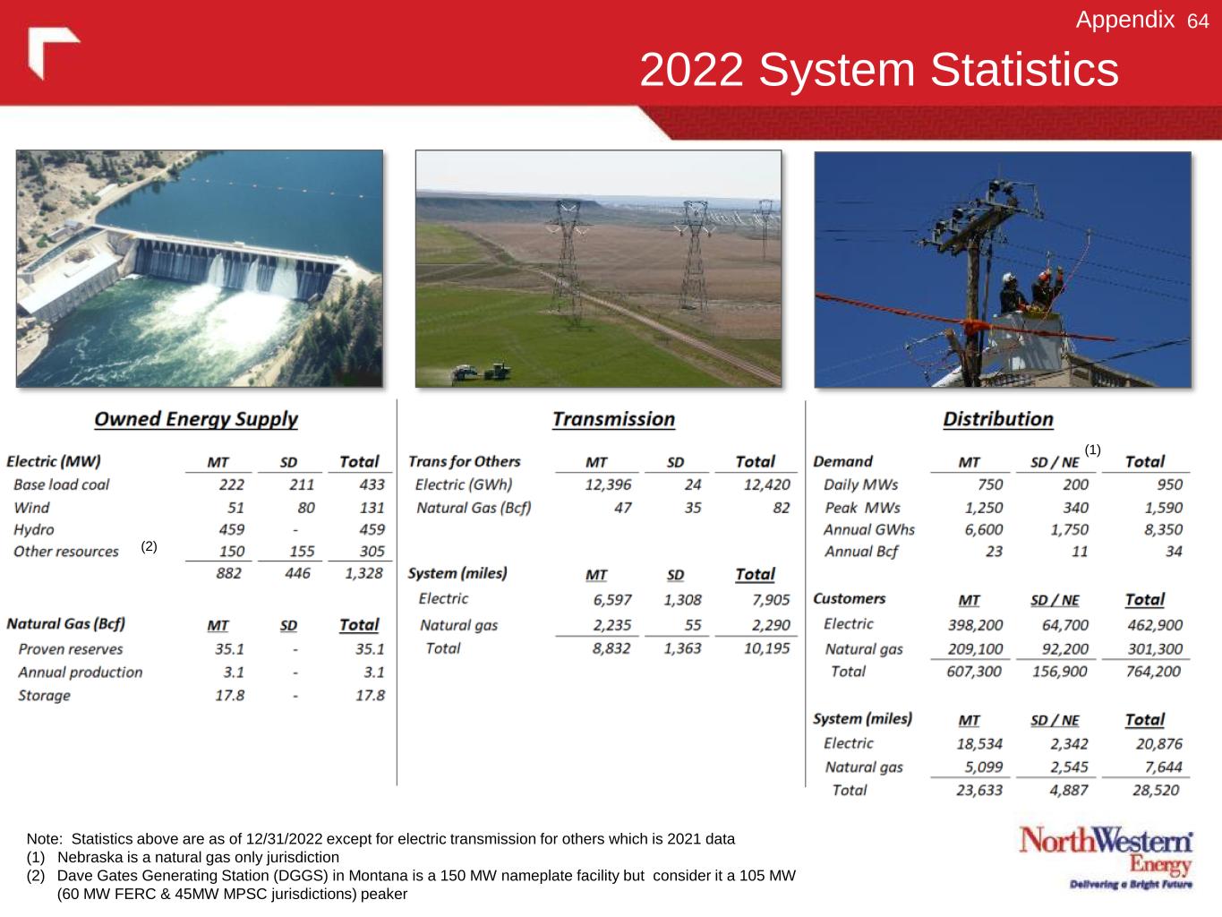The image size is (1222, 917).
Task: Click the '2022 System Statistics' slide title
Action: click(879, 70)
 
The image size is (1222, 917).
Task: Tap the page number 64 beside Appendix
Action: click(1198, 21)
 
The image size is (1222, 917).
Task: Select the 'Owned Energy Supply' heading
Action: click(196, 419)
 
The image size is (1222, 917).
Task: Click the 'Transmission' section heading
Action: click(613, 419)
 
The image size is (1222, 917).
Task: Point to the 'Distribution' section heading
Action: click(998, 419)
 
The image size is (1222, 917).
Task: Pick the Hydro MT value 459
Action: click(232, 529)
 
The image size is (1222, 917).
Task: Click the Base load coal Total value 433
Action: click(372, 484)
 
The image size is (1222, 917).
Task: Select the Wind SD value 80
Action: click(305, 508)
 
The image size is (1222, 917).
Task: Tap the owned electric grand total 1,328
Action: click(364, 573)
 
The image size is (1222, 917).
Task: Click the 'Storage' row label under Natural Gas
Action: click(45, 696)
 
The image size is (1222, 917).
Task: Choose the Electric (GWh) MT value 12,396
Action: click(608, 485)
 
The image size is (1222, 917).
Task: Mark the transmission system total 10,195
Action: click(767, 648)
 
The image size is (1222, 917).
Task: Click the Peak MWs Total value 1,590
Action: click(1164, 508)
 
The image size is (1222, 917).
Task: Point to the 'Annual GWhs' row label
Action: click(869, 529)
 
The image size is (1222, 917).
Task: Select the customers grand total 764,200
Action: click(1153, 672)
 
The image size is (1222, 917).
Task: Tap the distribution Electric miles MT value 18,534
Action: click(979, 744)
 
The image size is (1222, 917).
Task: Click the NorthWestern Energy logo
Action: click(1106, 857)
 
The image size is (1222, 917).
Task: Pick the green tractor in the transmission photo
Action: click(497, 371)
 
